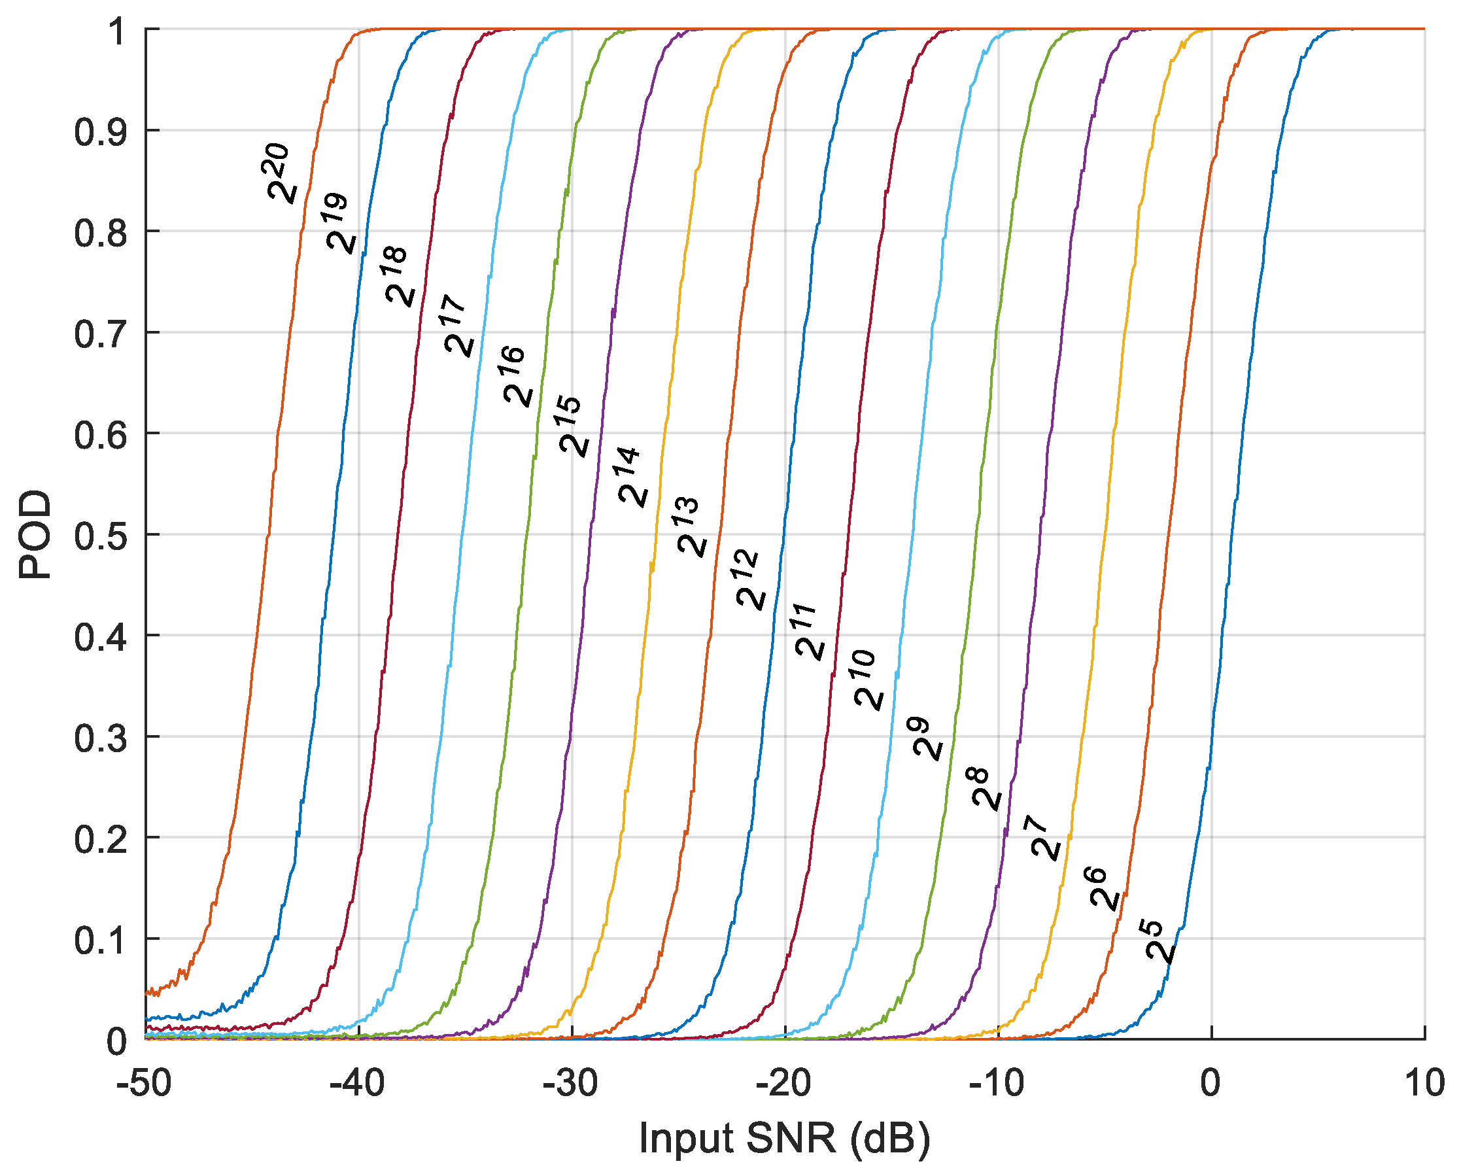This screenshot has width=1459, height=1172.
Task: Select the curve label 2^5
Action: coord(1161,940)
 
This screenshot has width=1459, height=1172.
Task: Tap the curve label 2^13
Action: coord(689,527)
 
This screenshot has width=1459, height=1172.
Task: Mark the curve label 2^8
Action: coord(984,789)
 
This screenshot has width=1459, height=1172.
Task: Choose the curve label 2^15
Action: coord(571,426)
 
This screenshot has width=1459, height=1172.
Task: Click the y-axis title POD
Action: coord(35,534)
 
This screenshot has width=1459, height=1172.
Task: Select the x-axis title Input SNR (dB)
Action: coord(784,1137)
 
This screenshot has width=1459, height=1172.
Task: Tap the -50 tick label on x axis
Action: coord(144,1083)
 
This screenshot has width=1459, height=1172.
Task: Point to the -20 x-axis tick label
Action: coord(783,1083)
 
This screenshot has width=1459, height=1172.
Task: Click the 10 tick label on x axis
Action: coord(1424,1083)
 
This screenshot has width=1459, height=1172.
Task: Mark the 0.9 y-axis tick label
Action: coord(101,131)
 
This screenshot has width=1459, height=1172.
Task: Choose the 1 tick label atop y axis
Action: coord(117,31)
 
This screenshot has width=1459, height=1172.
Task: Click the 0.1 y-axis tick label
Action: coord(101,940)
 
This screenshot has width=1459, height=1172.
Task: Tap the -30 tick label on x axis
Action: coord(570,1083)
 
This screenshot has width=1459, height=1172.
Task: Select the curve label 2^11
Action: coord(808,630)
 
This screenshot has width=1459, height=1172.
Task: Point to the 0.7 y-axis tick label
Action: coord(101,334)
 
